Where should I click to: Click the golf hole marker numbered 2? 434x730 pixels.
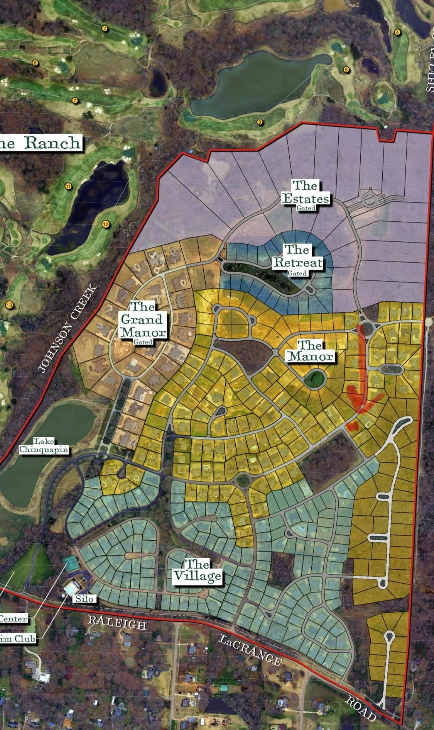(105, 29)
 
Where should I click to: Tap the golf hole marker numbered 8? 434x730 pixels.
(35, 63)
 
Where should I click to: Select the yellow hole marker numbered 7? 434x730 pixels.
(75, 100)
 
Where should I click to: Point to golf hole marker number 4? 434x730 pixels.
(397, 32)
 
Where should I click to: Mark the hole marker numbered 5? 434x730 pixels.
(346, 70)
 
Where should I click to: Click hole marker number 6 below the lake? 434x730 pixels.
(260, 122)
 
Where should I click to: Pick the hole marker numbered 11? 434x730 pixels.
(68, 187)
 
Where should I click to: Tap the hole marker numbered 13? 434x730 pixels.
(9, 306)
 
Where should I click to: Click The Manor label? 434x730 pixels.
(310, 351)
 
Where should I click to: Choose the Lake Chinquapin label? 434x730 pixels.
(44, 445)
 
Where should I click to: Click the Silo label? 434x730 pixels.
(84, 599)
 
